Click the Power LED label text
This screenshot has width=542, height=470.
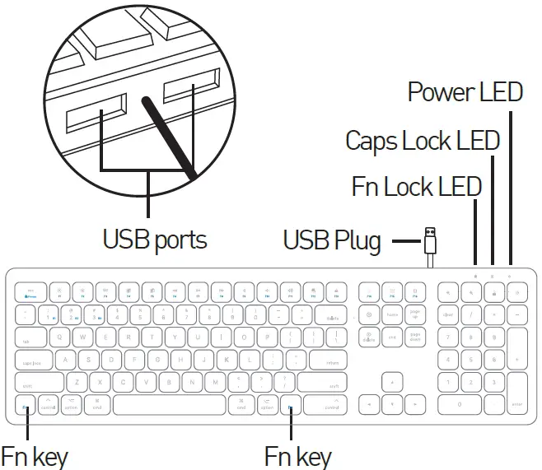click(x=465, y=92)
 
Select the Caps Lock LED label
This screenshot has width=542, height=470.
click(x=423, y=140)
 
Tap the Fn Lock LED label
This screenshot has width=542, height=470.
click(x=416, y=187)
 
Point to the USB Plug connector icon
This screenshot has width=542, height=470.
click(x=429, y=240)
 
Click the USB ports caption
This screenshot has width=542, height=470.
click(x=154, y=240)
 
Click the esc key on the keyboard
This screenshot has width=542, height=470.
click(x=31, y=291)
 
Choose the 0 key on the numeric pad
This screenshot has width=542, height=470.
click(x=459, y=404)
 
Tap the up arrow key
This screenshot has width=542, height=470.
click(x=391, y=382)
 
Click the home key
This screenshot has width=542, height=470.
click(x=392, y=314)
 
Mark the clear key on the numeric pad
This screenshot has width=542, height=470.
click(x=449, y=314)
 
